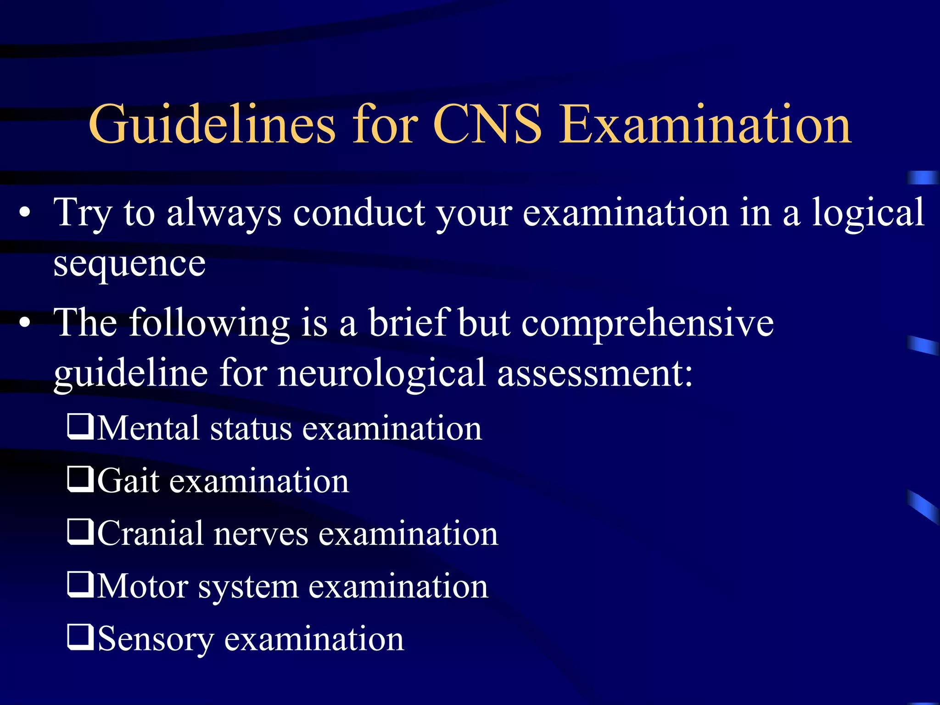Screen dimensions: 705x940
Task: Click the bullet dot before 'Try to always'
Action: pyautogui.click(x=25, y=213)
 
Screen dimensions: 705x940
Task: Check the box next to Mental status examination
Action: pyautogui.click(x=81, y=427)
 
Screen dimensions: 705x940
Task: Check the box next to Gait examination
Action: pyautogui.click(x=81, y=480)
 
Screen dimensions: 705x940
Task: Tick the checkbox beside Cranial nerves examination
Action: pyautogui.click(x=81, y=532)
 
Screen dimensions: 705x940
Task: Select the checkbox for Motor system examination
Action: pyautogui.click(x=81, y=585)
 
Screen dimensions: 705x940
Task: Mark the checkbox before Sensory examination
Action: pyautogui.click(x=81, y=638)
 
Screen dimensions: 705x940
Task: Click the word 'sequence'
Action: pyautogui.click(x=129, y=265)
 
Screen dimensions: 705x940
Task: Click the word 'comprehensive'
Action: pyautogui.click(x=647, y=323)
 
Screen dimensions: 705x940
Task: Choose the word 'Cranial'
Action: pyautogui.click(x=150, y=533)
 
